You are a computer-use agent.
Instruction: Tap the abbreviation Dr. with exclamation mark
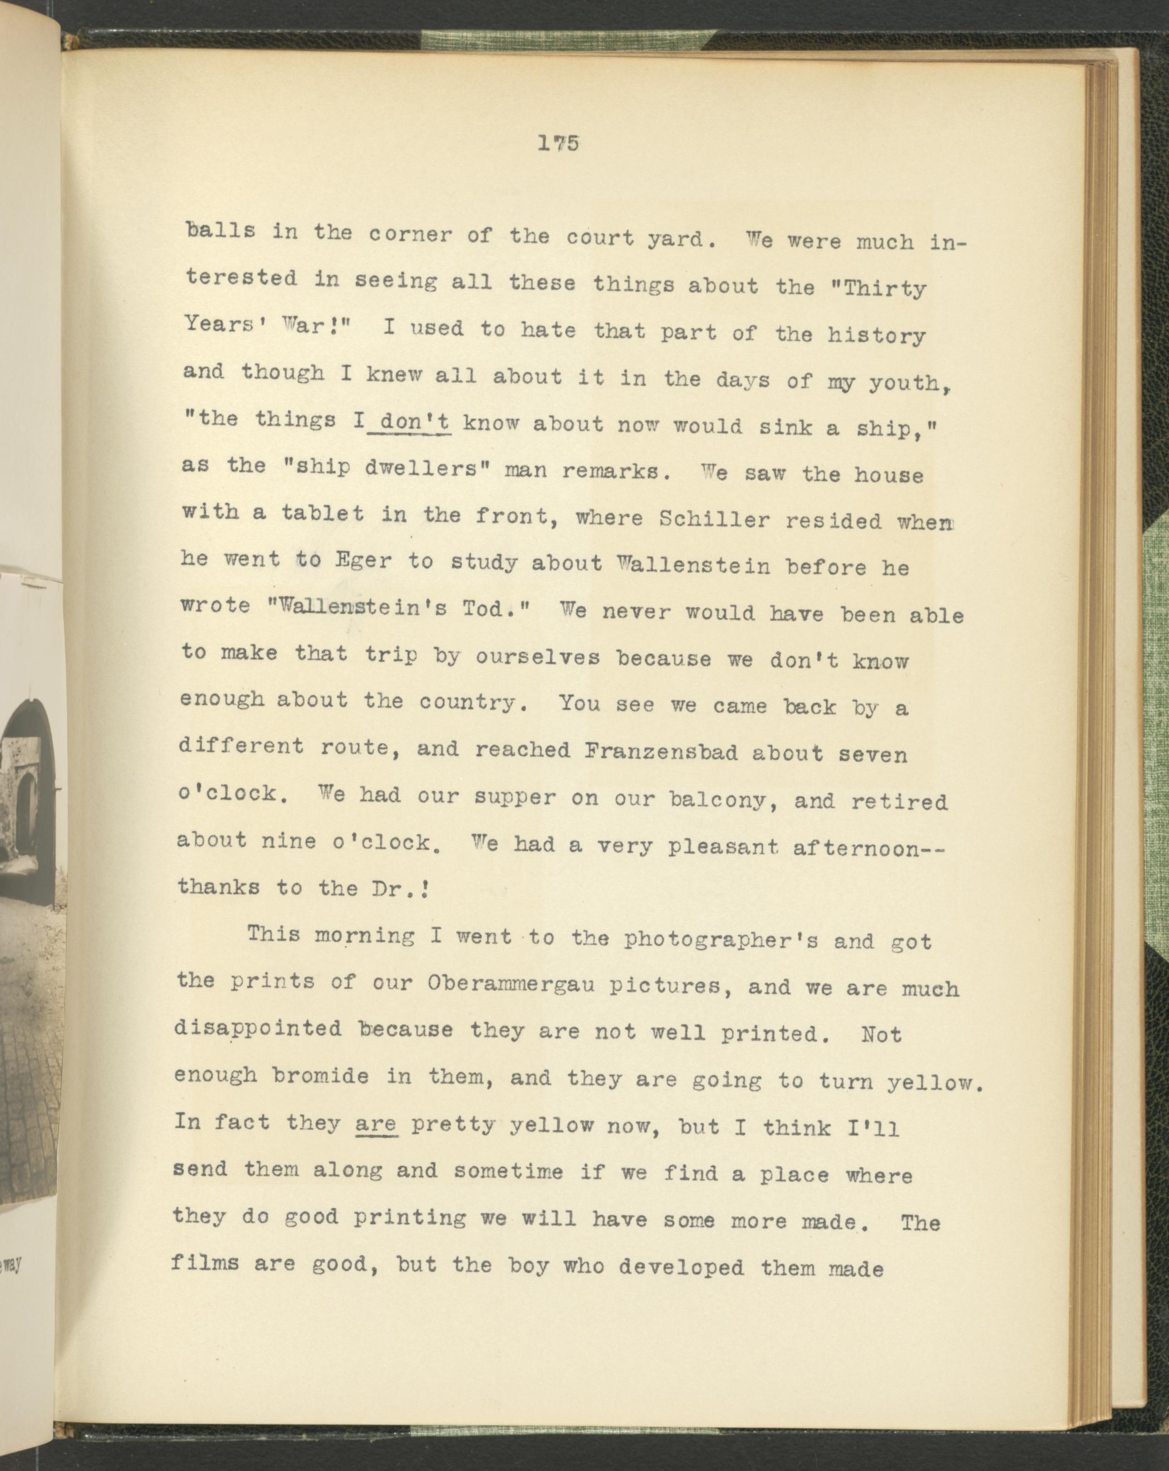(405, 888)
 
